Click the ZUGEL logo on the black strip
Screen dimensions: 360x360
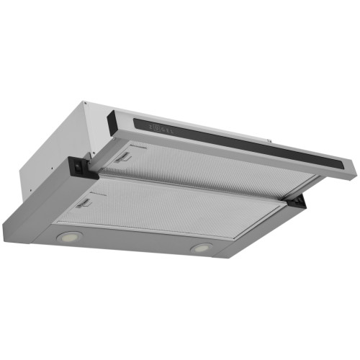click(161, 128)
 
